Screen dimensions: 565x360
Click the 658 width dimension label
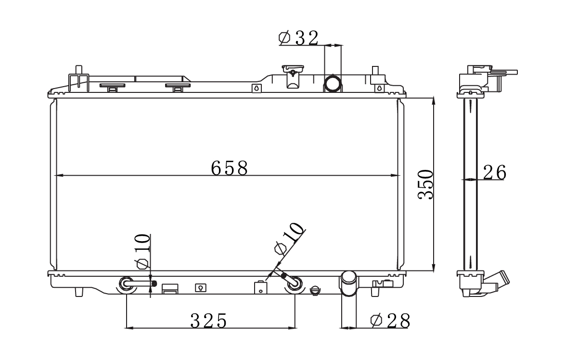tap(229, 168)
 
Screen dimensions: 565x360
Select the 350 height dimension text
tap(425, 184)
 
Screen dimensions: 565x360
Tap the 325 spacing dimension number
tap(209, 321)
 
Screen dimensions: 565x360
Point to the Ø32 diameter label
tap(299, 38)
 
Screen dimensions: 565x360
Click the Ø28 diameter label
tap(390, 321)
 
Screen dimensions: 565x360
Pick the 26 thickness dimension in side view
tap(494, 172)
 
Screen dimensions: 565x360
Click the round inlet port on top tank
tap(333, 84)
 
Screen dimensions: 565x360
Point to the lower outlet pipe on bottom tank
tap(348, 283)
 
